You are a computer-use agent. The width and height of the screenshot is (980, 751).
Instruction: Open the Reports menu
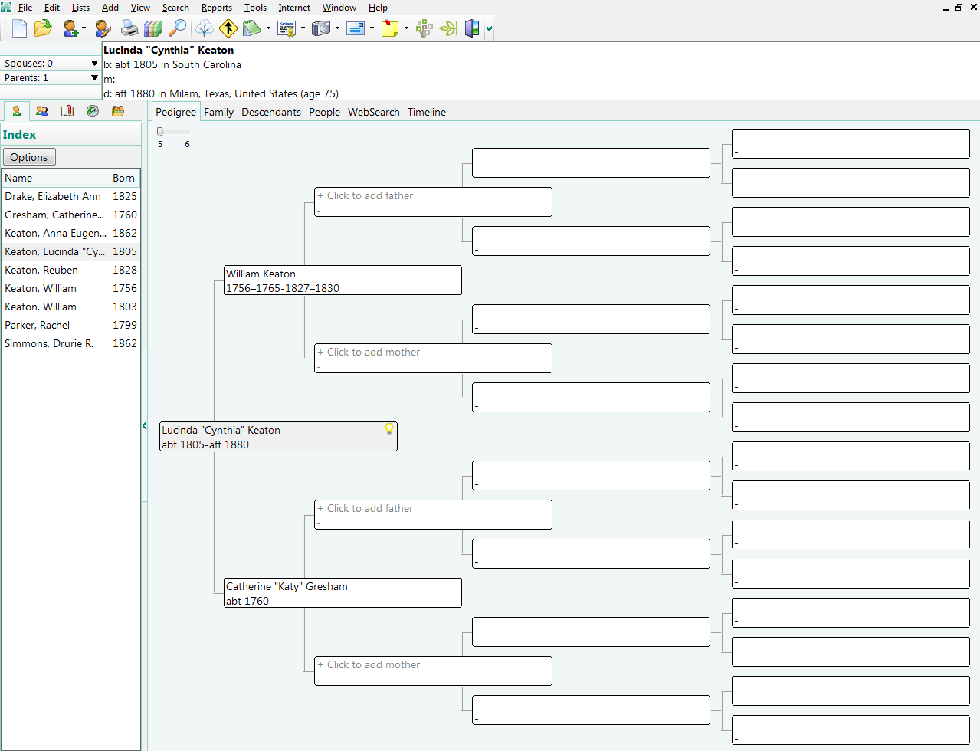pyautogui.click(x=216, y=8)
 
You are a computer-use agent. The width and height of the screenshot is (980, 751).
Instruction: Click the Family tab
pyautogui.click(x=218, y=112)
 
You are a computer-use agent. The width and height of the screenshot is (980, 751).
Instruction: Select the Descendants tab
pyautogui.click(x=270, y=112)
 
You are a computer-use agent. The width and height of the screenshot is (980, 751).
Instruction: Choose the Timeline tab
pyautogui.click(x=426, y=112)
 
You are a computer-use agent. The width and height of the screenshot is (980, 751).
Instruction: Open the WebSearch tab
pyautogui.click(x=373, y=112)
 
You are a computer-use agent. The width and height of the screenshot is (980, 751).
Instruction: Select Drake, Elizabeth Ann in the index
pyautogui.click(x=53, y=196)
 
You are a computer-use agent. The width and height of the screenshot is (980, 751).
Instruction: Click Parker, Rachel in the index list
pyautogui.click(x=37, y=325)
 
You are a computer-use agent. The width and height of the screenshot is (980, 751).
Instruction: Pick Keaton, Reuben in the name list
pyautogui.click(x=41, y=270)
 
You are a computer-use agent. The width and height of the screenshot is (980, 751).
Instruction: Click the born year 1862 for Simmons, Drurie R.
pyautogui.click(x=124, y=343)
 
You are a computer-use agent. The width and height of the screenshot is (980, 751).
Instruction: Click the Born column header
pyautogui.click(x=123, y=178)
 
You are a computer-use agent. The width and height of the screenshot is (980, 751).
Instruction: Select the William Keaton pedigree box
pyautogui.click(x=342, y=280)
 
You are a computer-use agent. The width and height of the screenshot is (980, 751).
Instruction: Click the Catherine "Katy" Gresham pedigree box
pyautogui.click(x=342, y=593)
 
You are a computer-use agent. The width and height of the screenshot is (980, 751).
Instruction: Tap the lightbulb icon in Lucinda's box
pyautogui.click(x=389, y=429)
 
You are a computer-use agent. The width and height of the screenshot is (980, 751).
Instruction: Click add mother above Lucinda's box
pyautogui.click(x=433, y=358)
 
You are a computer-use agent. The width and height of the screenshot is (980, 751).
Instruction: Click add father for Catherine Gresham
pyautogui.click(x=433, y=514)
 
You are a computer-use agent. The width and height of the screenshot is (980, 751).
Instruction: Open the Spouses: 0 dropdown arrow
pyautogui.click(x=94, y=64)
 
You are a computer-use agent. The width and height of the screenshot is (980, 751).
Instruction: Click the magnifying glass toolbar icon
pyautogui.click(x=177, y=28)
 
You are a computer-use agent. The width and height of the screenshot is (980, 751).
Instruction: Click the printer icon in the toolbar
pyautogui.click(x=129, y=28)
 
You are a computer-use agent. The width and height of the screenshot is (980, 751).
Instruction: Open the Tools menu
pyautogui.click(x=255, y=8)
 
